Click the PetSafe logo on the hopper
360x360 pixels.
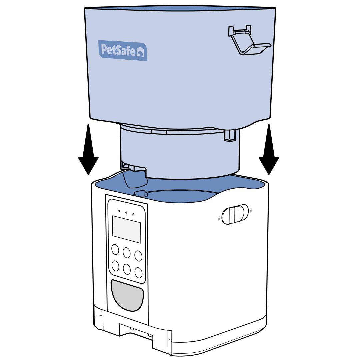[x=123, y=50]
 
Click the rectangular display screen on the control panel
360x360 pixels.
[x=126, y=229]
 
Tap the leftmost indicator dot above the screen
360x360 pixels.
[x=119, y=211]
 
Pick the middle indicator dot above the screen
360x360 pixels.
[x=126, y=212]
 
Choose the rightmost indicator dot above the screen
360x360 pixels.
[x=133, y=214]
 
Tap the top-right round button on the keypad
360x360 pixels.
[x=138, y=256]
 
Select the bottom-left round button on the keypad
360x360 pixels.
[x=115, y=266]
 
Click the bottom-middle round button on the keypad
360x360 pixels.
[x=127, y=269]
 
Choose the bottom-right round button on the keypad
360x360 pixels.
[x=138, y=272]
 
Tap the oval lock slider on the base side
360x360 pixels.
[x=235, y=214]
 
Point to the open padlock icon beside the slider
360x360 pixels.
[x=219, y=218]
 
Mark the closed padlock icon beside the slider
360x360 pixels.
[x=251, y=210]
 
